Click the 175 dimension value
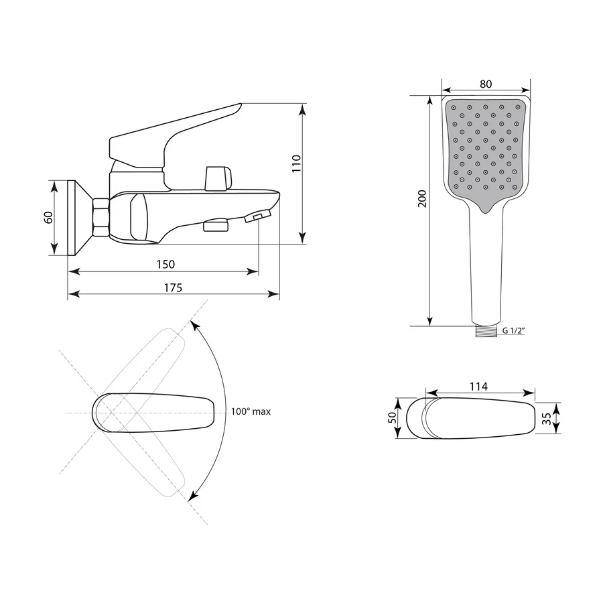point(173,287)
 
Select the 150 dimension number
point(165,265)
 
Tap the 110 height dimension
point(296,163)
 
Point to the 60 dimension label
point(48,218)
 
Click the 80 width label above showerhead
point(486,84)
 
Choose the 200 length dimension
point(422,198)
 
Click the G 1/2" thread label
point(514,330)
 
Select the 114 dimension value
point(479,386)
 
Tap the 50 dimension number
point(392,417)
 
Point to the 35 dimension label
point(547,418)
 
